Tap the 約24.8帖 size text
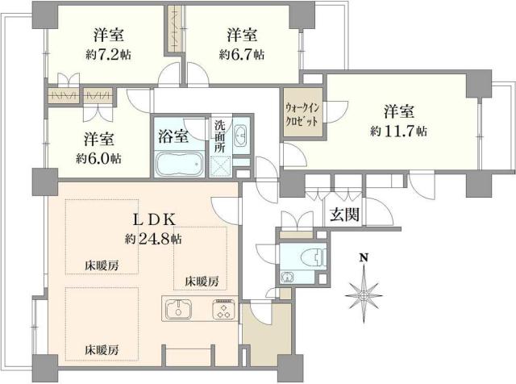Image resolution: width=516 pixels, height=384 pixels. [x=152, y=239]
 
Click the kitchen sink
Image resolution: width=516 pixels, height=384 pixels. [x=179, y=310]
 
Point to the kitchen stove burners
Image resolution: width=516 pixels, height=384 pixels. [x=223, y=310]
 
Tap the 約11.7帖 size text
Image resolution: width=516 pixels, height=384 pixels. [x=399, y=131]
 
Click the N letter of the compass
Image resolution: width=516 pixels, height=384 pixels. [x=364, y=257]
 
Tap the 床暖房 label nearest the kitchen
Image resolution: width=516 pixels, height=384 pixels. [x=202, y=282]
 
